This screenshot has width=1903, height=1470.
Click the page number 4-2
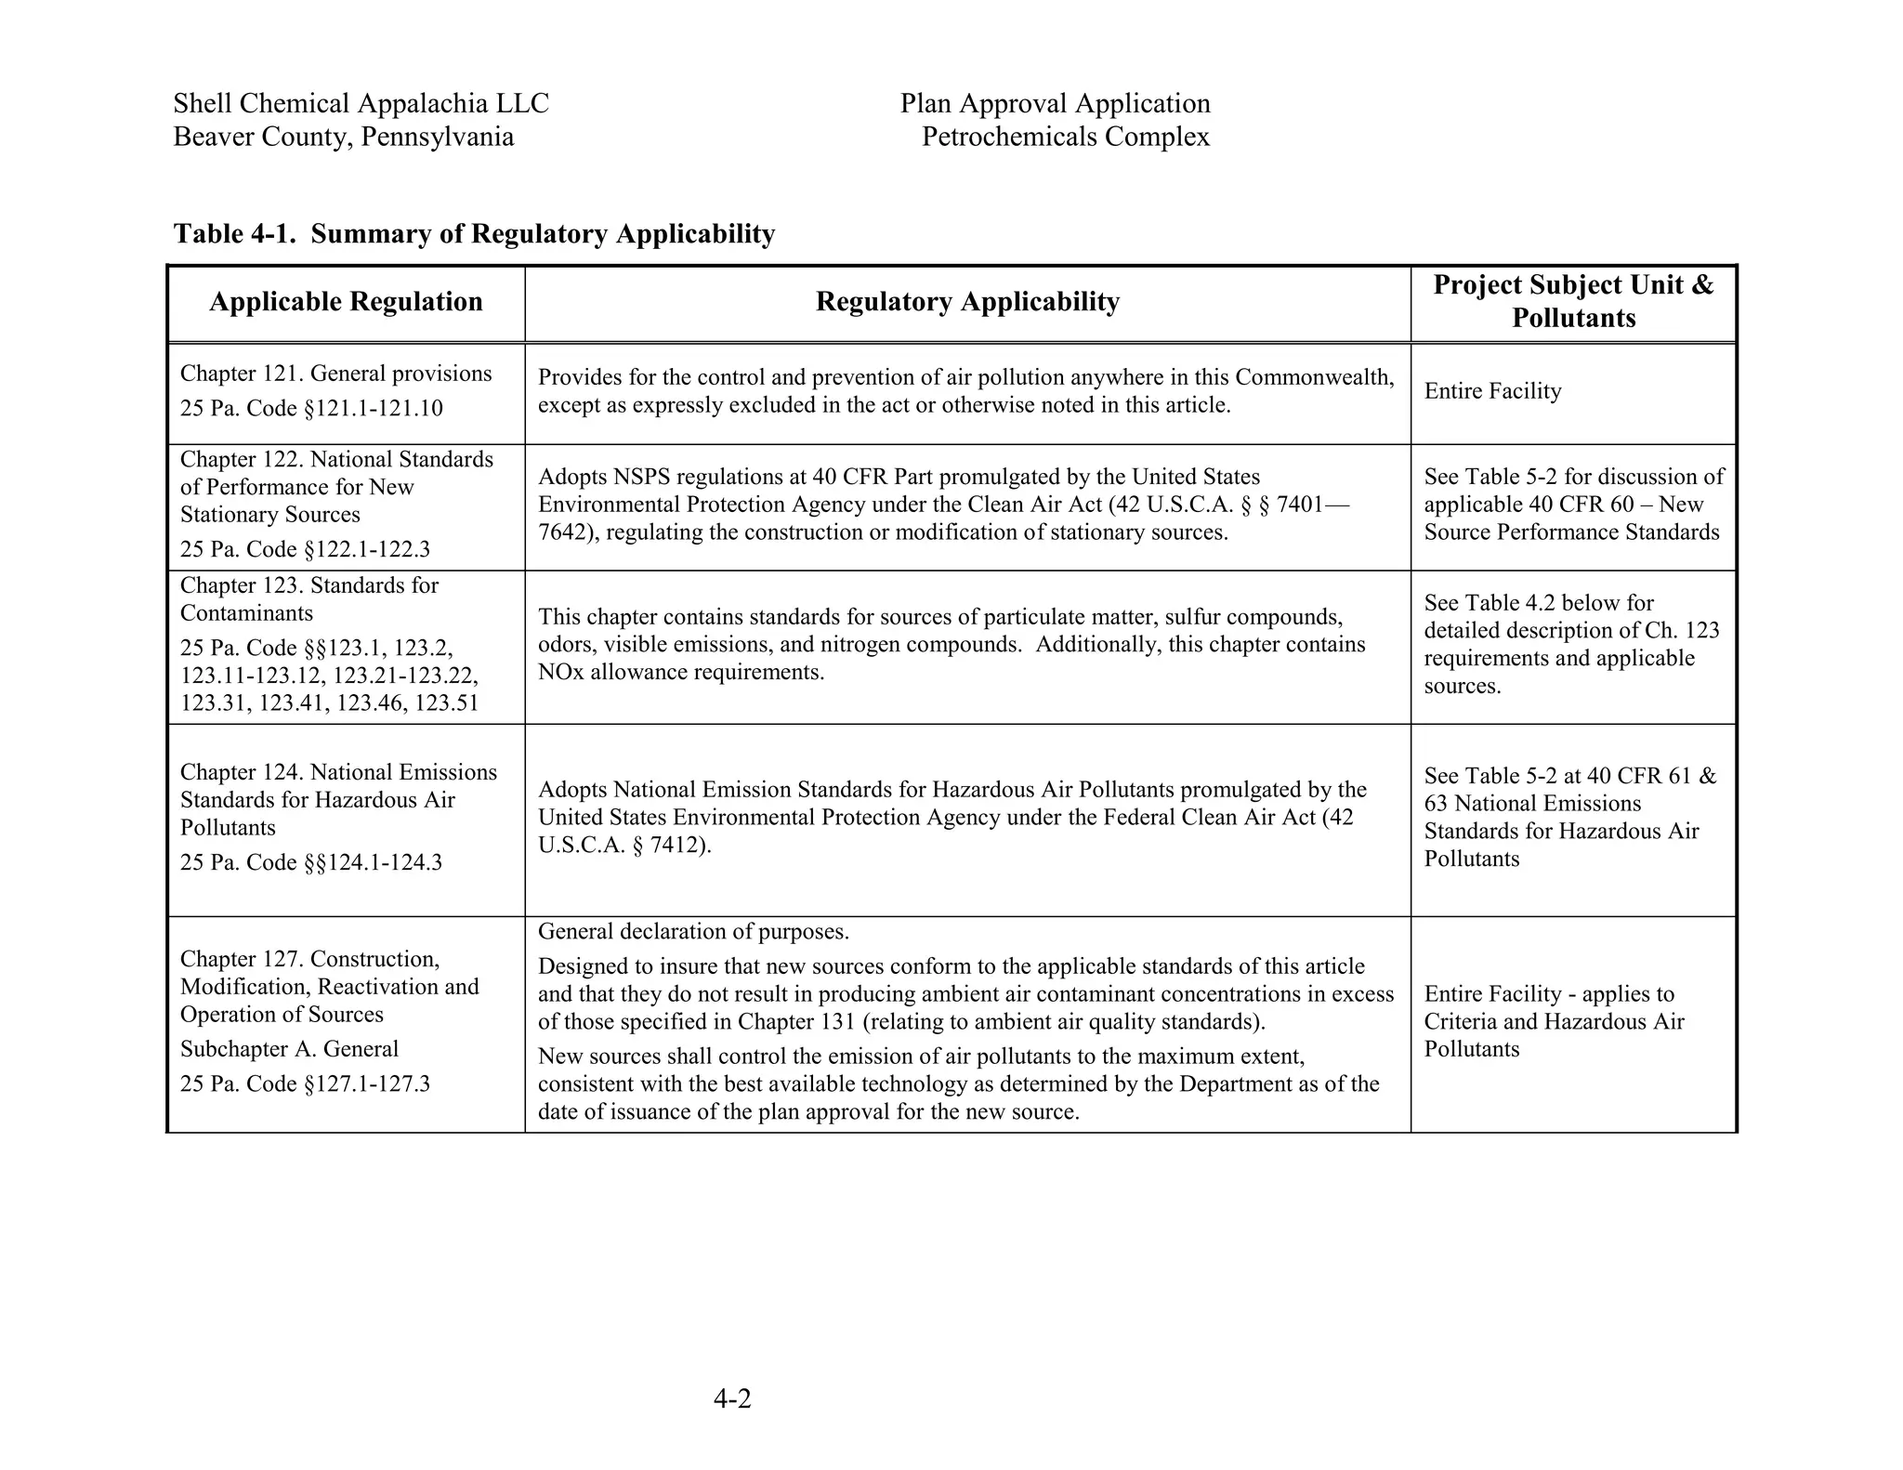click(732, 1398)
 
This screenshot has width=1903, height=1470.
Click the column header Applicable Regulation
click(346, 302)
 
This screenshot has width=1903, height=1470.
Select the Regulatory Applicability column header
click(967, 302)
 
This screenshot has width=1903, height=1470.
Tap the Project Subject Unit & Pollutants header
click(1573, 301)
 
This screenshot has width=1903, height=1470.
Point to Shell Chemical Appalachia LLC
click(361, 103)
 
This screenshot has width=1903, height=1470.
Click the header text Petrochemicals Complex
click(1065, 138)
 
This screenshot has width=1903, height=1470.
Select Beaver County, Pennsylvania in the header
click(343, 138)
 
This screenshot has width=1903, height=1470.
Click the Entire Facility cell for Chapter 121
click(1492, 391)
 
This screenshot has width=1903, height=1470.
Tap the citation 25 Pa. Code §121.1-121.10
click(311, 409)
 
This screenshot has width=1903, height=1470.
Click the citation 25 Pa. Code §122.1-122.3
click(305, 549)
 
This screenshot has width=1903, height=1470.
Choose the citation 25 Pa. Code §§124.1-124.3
click(311, 862)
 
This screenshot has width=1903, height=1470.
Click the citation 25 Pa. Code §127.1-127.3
click(305, 1084)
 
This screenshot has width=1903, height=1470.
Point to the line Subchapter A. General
click(289, 1049)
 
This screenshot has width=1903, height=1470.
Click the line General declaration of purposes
click(693, 932)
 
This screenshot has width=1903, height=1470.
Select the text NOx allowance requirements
click(681, 672)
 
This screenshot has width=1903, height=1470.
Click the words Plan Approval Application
click(1055, 103)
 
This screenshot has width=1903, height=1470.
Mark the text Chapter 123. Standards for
click(308, 585)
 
